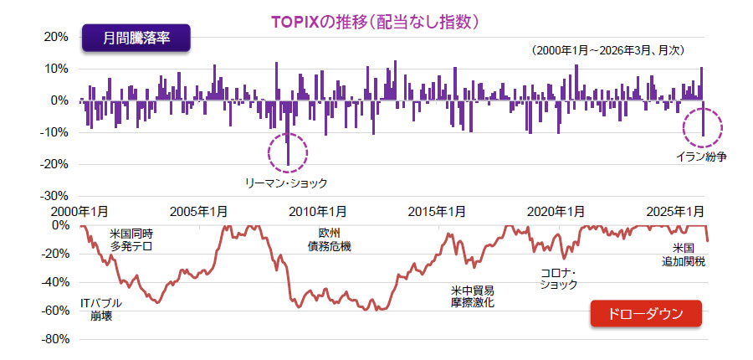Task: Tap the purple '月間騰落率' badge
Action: click(x=136, y=39)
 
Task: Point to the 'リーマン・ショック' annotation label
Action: click(x=285, y=183)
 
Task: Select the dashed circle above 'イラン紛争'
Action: click(x=703, y=126)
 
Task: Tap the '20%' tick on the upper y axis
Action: click(x=54, y=37)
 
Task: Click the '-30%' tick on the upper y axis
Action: click(x=53, y=195)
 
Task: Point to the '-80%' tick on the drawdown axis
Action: click(x=53, y=339)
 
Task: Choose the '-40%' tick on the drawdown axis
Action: click(x=53, y=282)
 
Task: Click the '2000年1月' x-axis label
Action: click(x=81, y=211)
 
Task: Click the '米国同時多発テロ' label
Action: click(x=136, y=239)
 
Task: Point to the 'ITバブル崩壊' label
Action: click(x=101, y=309)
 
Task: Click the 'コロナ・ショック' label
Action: click(x=559, y=279)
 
